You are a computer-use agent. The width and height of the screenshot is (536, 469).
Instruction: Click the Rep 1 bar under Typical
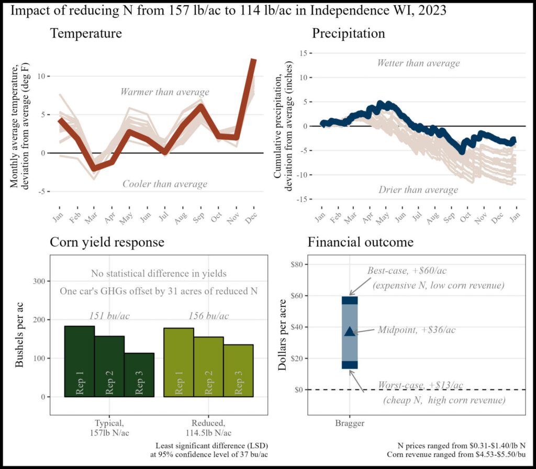point(80,361)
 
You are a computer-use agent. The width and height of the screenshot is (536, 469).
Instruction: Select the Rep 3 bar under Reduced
point(239,370)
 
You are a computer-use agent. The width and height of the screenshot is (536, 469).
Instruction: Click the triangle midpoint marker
point(350,331)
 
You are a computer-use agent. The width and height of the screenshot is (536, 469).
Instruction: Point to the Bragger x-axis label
point(350,422)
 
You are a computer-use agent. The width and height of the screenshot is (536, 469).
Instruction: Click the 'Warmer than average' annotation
point(164,92)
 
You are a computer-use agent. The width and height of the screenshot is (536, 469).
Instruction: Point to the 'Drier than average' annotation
point(418,189)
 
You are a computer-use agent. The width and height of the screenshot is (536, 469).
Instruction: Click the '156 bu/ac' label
point(208,316)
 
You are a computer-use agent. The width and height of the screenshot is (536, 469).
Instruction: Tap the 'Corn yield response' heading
point(107,242)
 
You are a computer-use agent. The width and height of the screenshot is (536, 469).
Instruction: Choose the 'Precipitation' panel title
point(349,33)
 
